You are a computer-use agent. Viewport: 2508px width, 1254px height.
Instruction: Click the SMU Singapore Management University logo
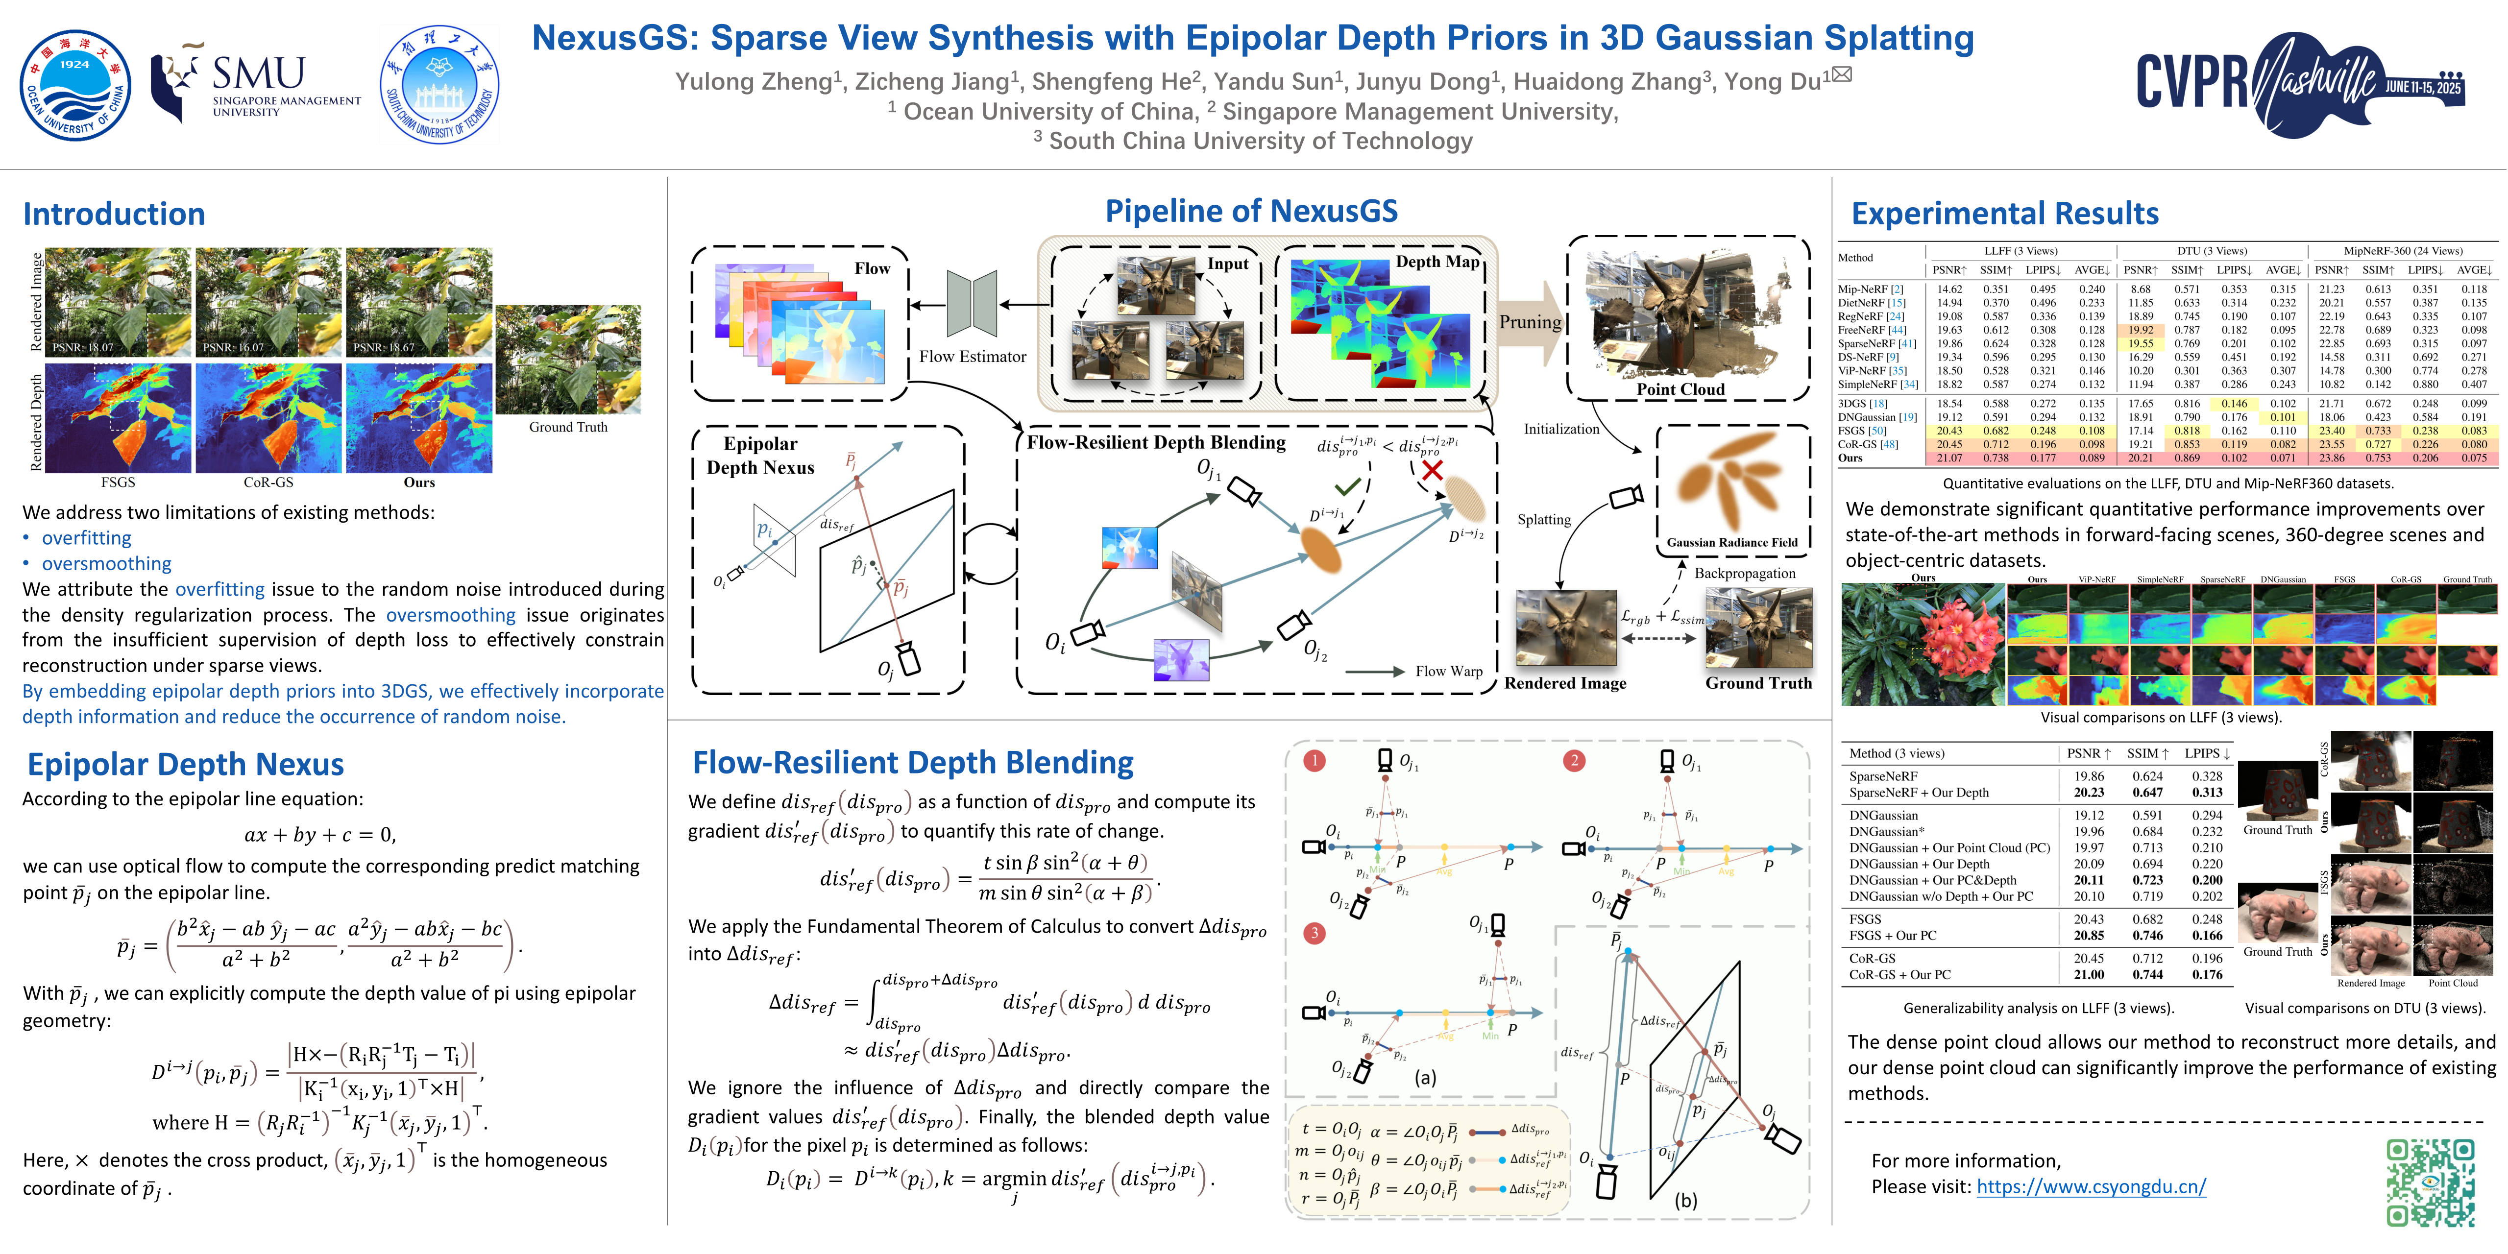255,85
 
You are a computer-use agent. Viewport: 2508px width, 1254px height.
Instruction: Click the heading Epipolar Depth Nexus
185,764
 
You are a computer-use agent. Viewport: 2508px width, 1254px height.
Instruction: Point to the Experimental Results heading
2004,213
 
